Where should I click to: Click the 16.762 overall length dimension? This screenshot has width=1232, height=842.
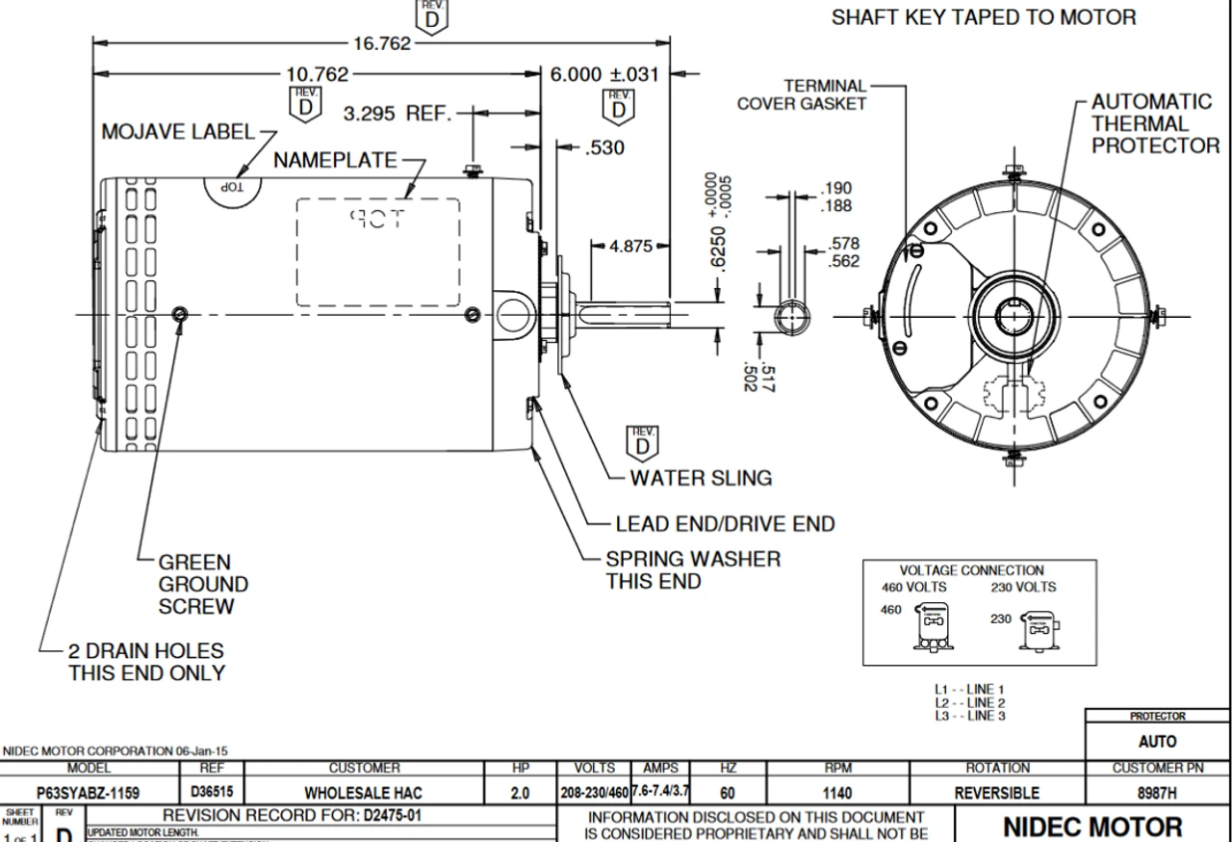382,43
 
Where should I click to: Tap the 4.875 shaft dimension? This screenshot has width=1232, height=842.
630,247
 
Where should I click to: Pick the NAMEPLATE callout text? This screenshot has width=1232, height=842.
335,160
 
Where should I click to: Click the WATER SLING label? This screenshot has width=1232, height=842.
701,478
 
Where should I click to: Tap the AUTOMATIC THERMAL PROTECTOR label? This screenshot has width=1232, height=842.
1154,123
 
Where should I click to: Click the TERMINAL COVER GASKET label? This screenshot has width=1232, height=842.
802,95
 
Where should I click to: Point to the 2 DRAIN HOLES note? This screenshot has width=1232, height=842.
146,662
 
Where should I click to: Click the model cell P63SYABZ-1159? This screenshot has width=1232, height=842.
89,794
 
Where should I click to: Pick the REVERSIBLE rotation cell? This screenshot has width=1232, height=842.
997,794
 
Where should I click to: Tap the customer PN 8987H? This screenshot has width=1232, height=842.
1157,794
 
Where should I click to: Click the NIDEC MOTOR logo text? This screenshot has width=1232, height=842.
1092,827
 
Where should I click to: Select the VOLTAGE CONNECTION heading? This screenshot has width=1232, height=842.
971,570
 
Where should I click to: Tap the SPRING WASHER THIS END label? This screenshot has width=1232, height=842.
693,569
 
